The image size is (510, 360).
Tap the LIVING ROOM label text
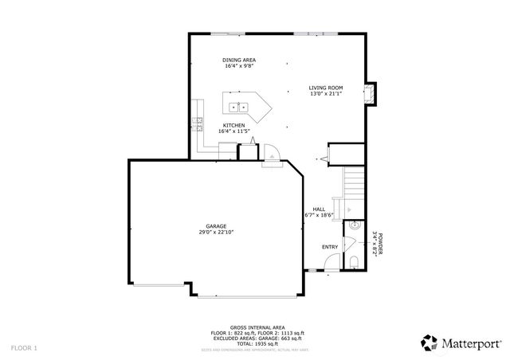pyautogui.click(x=325, y=88)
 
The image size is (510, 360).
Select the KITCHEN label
pyautogui.click(x=233, y=125)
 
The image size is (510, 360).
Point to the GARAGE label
pyautogui.click(x=217, y=226)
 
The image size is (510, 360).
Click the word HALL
pyautogui.click(x=319, y=209)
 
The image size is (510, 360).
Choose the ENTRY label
pyautogui.click(x=330, y=247)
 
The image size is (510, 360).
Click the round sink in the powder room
pyautogui.click(x=355, y=226)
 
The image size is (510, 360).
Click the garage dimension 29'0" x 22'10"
pyautogui.click(x=217, y=233)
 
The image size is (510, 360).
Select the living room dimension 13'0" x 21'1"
pyautogui.click(x=325, y=94)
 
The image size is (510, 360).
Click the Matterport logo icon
pyautogui.click(x=430, y=342)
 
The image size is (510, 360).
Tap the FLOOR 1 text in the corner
pyautogui.click(x=24, y=348)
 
